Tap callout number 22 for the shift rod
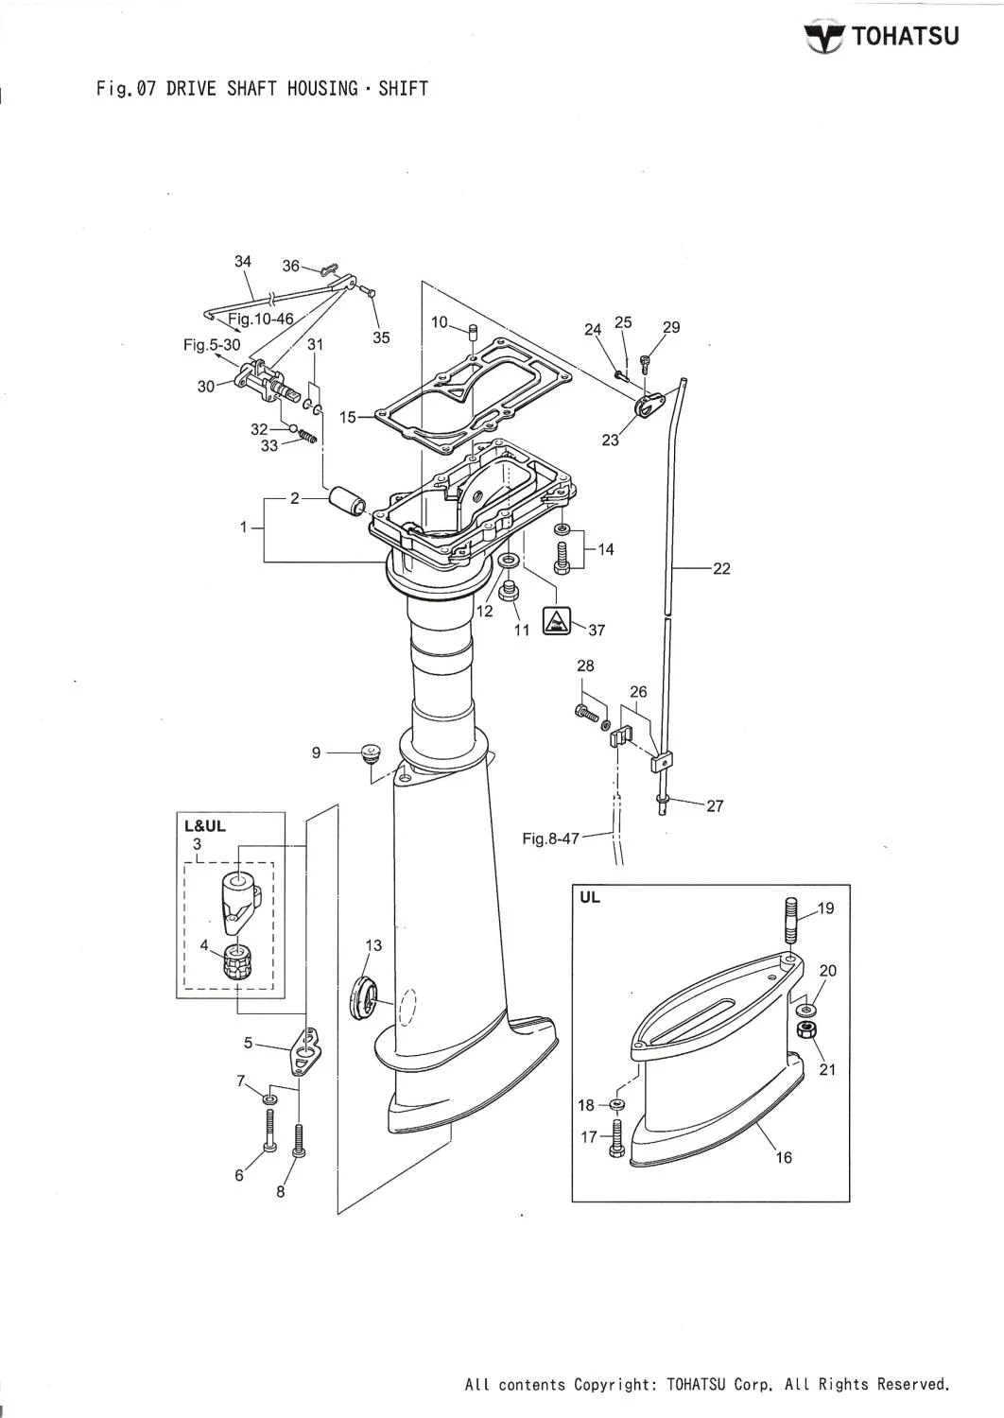coord(721,569)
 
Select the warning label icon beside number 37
coord(556,621)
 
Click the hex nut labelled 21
coord(806,1029)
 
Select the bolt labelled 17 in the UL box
coord(617,1137)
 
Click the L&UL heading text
coord(204,825)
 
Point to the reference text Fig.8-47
coord(551,838)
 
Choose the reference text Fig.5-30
coord(212,346)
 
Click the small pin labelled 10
coord(475,333)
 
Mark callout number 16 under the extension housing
coord(784,1157)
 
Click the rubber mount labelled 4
coord(237,961)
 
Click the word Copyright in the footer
coord(617,1385)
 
